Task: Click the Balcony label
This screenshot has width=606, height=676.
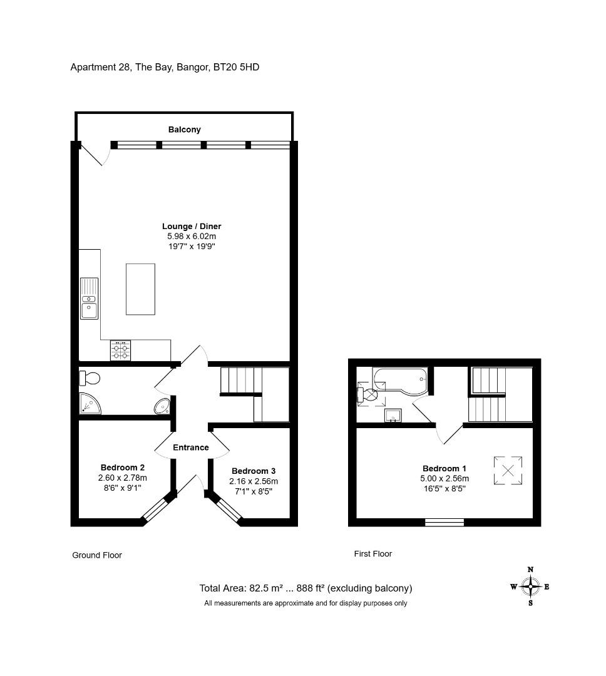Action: [184, 130]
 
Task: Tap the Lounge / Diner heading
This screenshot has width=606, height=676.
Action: [192, 226]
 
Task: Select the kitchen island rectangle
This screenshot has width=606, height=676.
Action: [140, 289]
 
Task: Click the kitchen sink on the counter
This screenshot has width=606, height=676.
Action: [90, 299]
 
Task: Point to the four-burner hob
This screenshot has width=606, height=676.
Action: [120, 350]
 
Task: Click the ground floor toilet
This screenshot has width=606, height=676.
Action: [90, 379]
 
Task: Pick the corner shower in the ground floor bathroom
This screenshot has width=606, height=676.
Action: [90, 404]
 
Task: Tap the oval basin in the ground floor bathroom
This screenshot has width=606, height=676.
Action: [163, 406]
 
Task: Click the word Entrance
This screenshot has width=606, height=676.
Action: [191, 447]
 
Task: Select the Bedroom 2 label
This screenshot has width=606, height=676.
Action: [123, 468]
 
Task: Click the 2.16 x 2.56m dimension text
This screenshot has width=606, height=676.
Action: [254, 481]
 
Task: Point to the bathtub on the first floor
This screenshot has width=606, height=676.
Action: [401, 381]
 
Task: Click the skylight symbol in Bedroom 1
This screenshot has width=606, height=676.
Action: [508, 470]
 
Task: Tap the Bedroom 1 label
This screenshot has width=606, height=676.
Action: [444, 468]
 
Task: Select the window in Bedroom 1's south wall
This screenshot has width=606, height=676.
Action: [444, 522]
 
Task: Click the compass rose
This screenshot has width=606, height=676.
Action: [530, 586]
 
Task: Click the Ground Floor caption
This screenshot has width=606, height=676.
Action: [97, 555]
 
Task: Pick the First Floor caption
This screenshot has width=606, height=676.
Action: [373, 553]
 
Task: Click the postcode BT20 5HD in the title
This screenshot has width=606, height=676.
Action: [237, 67]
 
